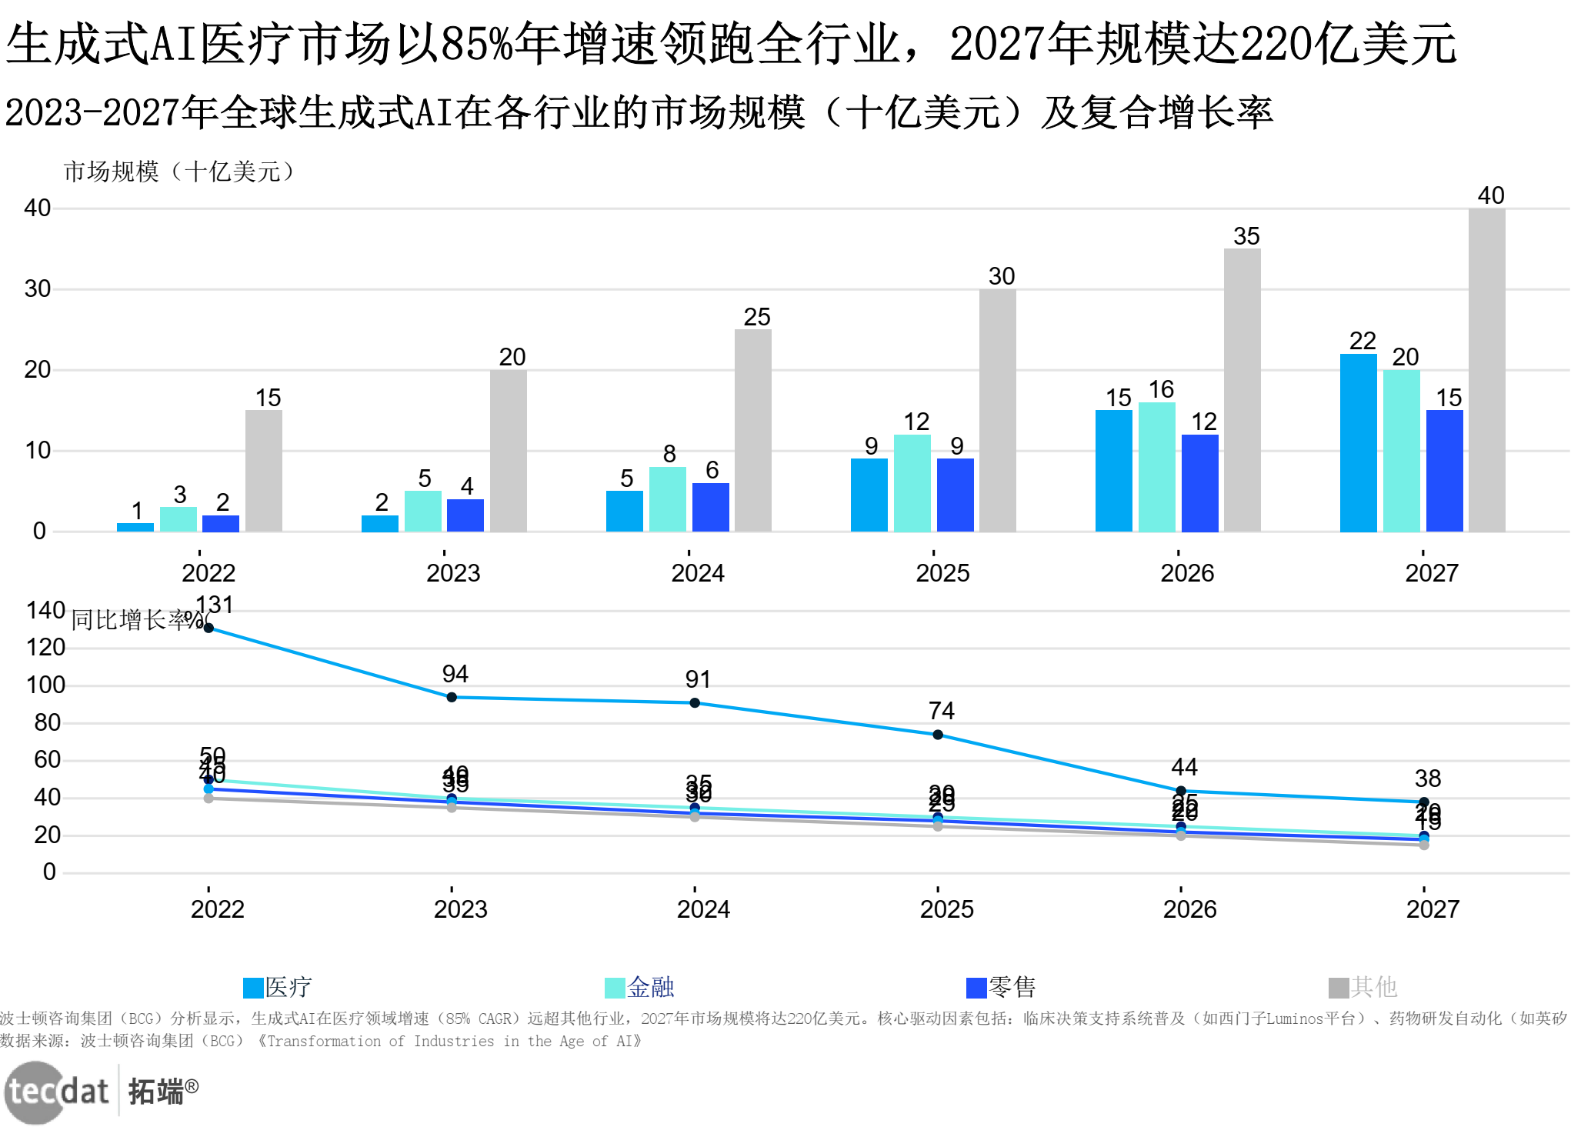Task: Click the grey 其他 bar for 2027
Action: click(x=1486, y=369)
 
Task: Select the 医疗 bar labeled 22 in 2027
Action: click(x=1358, y=442)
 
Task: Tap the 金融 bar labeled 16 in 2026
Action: click(x=1156, y=466)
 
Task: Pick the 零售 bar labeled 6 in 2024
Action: click(x=710, y=507)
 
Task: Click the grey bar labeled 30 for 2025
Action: click(x=997, y=410)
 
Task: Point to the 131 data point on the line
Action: click(x=208, y=628)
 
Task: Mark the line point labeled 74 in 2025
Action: click(x=938, y=735)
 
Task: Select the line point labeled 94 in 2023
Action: click(x=452, y=697)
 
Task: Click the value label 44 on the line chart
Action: click(x=1184, y=767)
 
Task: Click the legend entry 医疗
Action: click(x=278, y=987)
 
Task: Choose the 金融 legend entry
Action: click(x=640, y=987)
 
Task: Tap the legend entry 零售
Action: click(x=1002, y=987)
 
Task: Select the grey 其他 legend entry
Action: click(x=1363, y=987)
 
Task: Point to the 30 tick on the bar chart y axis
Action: click(x=38, y=289)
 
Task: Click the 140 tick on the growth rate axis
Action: click(x=45, y=611)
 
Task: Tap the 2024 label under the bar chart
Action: click(x=698, y=573)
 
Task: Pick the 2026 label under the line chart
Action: click(x=1189, y=909)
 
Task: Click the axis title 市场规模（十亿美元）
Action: click(x=178, y=172)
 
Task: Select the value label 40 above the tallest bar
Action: click(x=1491, y=195)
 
